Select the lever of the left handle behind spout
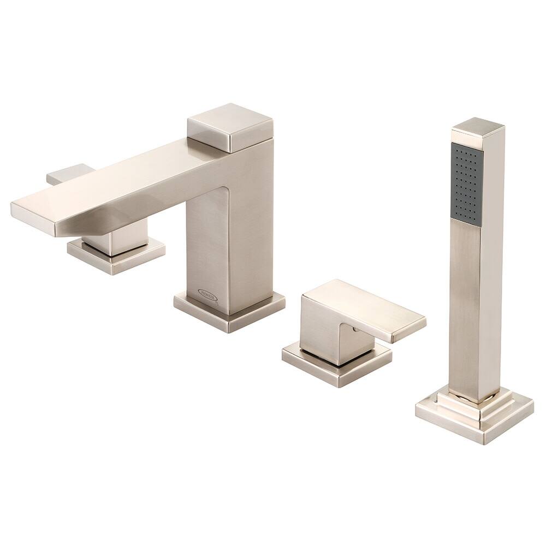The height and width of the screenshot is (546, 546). click(66, 174)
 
